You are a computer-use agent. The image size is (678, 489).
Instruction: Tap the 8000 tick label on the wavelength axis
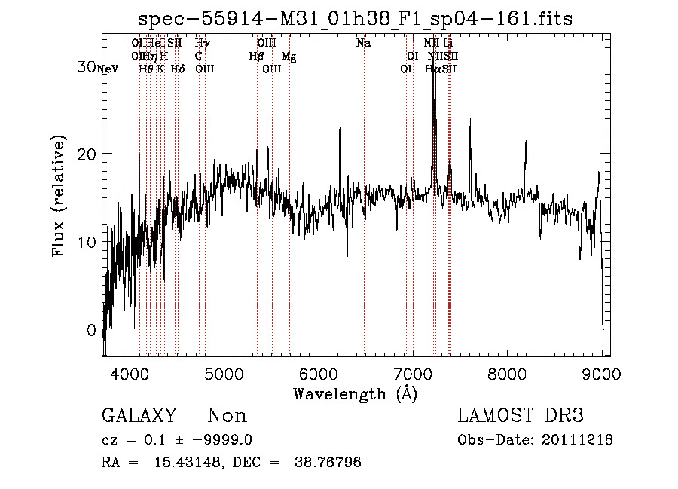(x=508, y=374)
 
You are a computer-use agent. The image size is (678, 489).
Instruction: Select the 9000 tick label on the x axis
(x=602, y=374)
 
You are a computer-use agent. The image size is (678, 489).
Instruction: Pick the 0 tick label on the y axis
(x=92, y=330)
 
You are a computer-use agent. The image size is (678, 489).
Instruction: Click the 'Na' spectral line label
(x=364, y=44)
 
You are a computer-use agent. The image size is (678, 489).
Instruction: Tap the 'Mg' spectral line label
(x=289, y=57)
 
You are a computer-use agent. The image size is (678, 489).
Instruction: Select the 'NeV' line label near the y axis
(x=108, y=69)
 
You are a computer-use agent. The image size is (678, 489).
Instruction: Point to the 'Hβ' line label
(x=257, y=56)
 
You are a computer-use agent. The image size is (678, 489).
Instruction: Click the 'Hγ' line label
(x=202, y=44)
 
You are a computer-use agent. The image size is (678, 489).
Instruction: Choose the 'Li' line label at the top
(x=447, y=44)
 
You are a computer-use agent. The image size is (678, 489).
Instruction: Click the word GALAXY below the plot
(x=139, y=416)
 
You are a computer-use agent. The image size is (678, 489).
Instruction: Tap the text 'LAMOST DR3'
(x=521, y=416)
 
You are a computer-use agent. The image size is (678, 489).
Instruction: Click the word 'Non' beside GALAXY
(x=227, y=416)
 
